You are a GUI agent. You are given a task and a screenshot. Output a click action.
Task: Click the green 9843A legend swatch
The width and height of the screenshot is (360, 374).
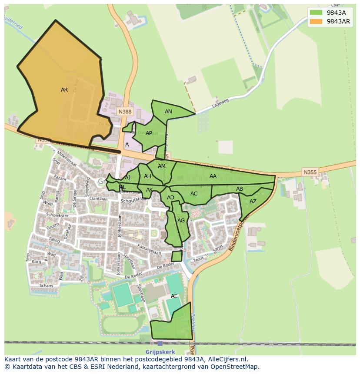click(316, 13)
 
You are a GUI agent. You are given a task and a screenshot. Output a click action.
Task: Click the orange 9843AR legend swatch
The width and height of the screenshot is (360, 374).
click(316, 21)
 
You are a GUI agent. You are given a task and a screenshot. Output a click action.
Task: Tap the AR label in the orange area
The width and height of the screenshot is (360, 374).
click(64, 90)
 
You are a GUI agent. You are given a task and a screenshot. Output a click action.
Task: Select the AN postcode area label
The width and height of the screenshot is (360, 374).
click(168, 112)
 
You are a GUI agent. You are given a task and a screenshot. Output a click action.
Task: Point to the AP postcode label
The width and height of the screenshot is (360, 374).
click(149, 133)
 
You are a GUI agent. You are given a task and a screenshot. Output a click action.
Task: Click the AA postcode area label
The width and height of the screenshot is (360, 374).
click(213, 176)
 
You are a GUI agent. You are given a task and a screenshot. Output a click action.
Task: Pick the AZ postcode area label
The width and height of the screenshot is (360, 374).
click(253, 202)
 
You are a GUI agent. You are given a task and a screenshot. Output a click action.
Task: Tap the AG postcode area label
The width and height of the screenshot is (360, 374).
click(181, 221)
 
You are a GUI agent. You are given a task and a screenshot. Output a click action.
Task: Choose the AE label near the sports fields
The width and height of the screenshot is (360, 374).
click(174, 296)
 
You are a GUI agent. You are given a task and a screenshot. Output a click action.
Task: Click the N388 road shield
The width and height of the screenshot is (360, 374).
click(125, 112)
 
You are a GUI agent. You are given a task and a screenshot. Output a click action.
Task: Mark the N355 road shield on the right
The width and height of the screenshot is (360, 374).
click(310, 172)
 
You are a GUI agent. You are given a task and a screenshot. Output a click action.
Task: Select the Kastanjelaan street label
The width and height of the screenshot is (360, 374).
click(149, 249)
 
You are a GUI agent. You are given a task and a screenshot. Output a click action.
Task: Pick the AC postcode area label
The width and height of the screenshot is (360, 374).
click(194, 194)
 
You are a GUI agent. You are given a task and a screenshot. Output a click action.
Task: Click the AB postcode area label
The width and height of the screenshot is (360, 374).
click(240, 189)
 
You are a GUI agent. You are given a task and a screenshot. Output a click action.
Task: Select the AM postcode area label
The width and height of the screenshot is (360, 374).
click(162, 166)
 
